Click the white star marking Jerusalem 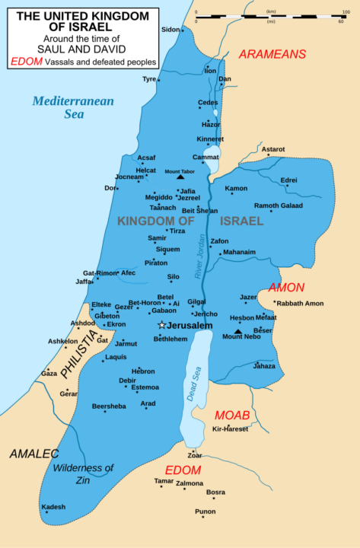coord(161,325)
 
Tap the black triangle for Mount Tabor coord(180,177)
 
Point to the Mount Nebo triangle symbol coord(238,331)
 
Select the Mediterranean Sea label coord(73,107)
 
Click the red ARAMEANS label coord(272,54)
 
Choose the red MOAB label coord(232,415)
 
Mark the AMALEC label coord(34,454)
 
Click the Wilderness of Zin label coord(84,474)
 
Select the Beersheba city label coord(109,406)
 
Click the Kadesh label coord(53,507)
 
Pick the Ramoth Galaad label coord(278,205)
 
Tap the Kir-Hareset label coord(231,430)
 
